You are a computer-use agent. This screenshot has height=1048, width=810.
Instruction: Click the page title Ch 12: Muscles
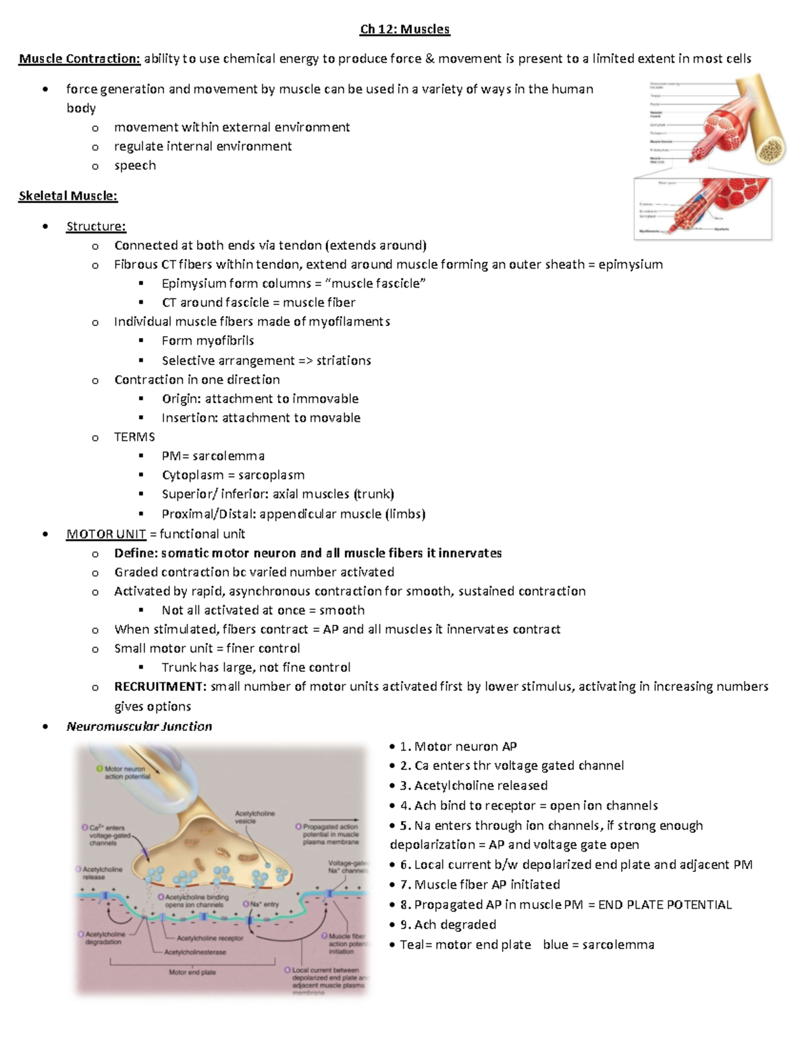coord(404,29)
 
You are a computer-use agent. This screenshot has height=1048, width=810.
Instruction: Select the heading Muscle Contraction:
coord(80,59)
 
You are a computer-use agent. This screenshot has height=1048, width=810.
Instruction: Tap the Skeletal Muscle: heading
coord(67,196)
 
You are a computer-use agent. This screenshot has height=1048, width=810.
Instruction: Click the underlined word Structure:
coord(96,226)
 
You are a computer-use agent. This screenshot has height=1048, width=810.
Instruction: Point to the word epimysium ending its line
coord(630,265)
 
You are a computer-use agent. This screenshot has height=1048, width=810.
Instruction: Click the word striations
coord(344,360)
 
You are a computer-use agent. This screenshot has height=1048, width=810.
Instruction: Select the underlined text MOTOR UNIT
coord(106,534)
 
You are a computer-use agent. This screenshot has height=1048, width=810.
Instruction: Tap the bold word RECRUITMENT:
coord(161,686)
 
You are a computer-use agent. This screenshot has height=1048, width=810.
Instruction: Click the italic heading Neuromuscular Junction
coord(139,726)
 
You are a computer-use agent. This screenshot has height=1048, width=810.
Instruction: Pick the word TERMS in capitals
coord(134,437)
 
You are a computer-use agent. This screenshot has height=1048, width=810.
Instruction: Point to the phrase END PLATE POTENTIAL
coord(664,905)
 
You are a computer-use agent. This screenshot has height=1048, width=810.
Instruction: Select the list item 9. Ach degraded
coord(448,925)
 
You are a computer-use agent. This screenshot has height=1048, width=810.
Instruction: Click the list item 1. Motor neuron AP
coord(458,746)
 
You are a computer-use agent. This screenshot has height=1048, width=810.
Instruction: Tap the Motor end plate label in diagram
coord(192,972)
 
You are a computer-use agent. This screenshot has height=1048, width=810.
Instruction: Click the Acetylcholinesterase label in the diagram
coord(195,952)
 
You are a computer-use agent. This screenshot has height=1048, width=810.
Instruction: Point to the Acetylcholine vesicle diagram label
coord(254,817)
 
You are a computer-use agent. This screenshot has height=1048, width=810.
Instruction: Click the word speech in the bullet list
coord(135,166)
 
